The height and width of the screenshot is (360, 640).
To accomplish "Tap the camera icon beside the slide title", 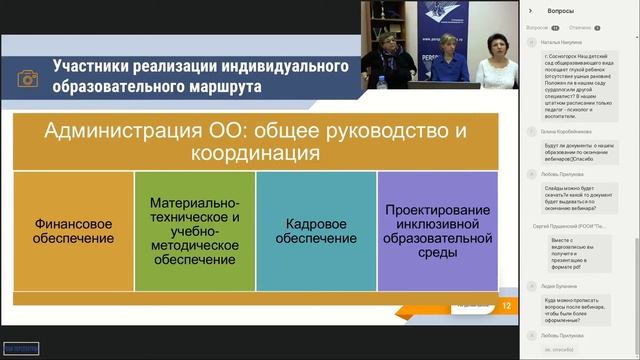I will [x=30, y=78].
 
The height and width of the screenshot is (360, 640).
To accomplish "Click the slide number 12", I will [x=507, y=306].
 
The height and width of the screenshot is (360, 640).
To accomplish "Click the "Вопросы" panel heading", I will [x=561, y=10].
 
